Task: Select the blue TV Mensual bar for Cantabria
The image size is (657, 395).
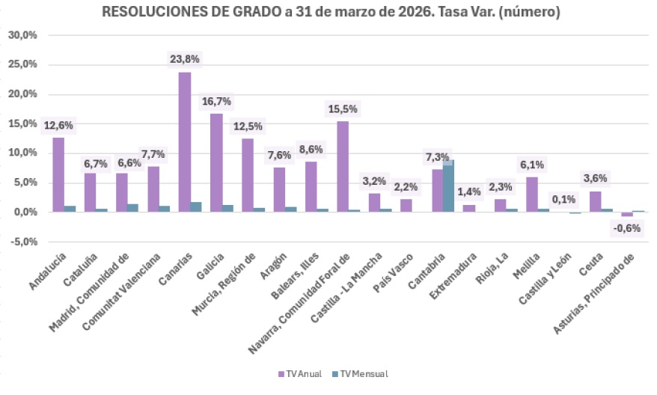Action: [x=448, y=187]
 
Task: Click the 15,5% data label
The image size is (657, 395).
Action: [x=343, y=108]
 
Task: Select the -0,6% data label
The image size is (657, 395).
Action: [x=627, y=229]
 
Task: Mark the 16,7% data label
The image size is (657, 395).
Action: [x=216, y=101]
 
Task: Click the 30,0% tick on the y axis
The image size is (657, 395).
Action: [x=22, y=35]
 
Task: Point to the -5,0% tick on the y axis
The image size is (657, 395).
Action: [x=22, y=242]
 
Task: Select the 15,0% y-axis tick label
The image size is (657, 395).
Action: [x=22, y=123]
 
